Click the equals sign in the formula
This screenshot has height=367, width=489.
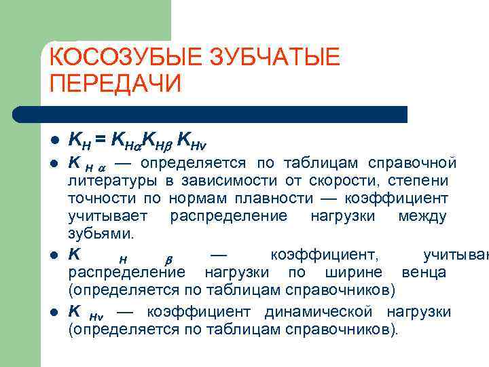[100, 141]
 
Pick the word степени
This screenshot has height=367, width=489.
[422, 181]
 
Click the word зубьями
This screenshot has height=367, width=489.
[101, 234]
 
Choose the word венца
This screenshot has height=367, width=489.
[424, 273]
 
